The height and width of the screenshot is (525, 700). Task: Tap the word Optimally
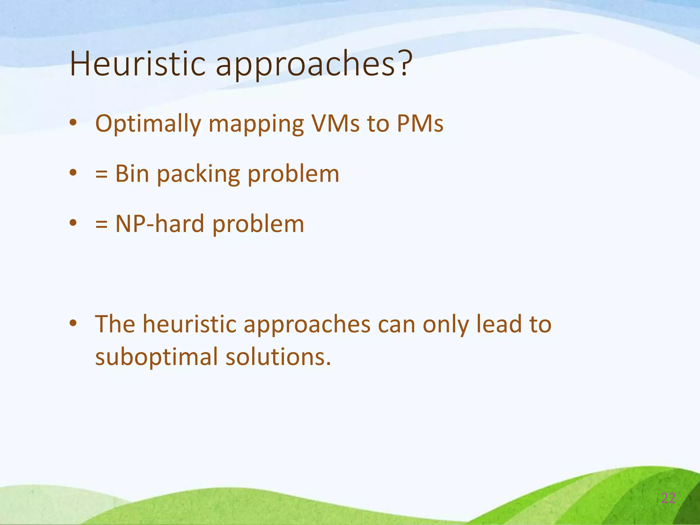(148, 124)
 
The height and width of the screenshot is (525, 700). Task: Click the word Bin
(132, 174)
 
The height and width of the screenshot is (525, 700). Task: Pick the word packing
(198, 175)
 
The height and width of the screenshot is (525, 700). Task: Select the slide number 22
(668, 498)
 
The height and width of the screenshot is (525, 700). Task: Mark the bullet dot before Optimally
(73, 123)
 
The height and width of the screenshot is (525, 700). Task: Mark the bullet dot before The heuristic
(73, 323)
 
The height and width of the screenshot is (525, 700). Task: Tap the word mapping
(256, 124)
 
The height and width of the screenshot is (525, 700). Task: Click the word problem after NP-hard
(258, 225)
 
